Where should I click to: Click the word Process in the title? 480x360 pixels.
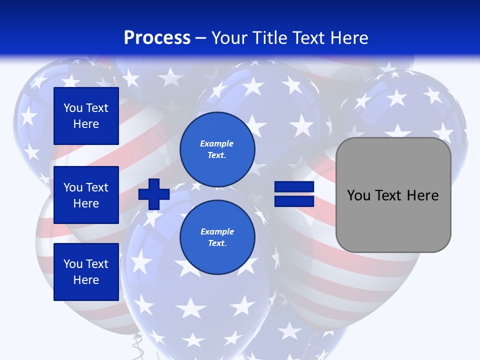(x=157, y=38)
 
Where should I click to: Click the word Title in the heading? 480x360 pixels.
(x=268, y=38)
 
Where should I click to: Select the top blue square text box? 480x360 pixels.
(x=86, y=116)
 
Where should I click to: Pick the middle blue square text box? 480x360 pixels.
(x=86, y=195)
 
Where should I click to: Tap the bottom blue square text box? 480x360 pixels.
(x=86, y=272)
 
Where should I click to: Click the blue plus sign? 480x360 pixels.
(x=153, y=194)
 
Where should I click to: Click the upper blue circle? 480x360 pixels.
(x=217, y=149)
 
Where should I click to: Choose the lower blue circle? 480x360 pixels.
(x=217, y=237)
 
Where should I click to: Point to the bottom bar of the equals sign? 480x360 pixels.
(x=294, y=201)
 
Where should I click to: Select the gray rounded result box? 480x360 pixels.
(x=393, y=195)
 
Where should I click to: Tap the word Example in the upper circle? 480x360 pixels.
(x=217, y=143)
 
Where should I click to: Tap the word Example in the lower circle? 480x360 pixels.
(x=217, y=231)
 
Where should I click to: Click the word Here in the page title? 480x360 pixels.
(x=348, y=38)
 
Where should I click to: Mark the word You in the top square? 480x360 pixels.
(x=72, y=108)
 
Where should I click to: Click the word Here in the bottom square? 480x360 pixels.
(x=86, y=280)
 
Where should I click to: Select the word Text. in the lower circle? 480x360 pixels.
(x=217, y=243)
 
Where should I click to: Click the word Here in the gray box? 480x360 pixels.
(x=422, y=195)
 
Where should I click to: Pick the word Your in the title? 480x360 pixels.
(x=229, y=38)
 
